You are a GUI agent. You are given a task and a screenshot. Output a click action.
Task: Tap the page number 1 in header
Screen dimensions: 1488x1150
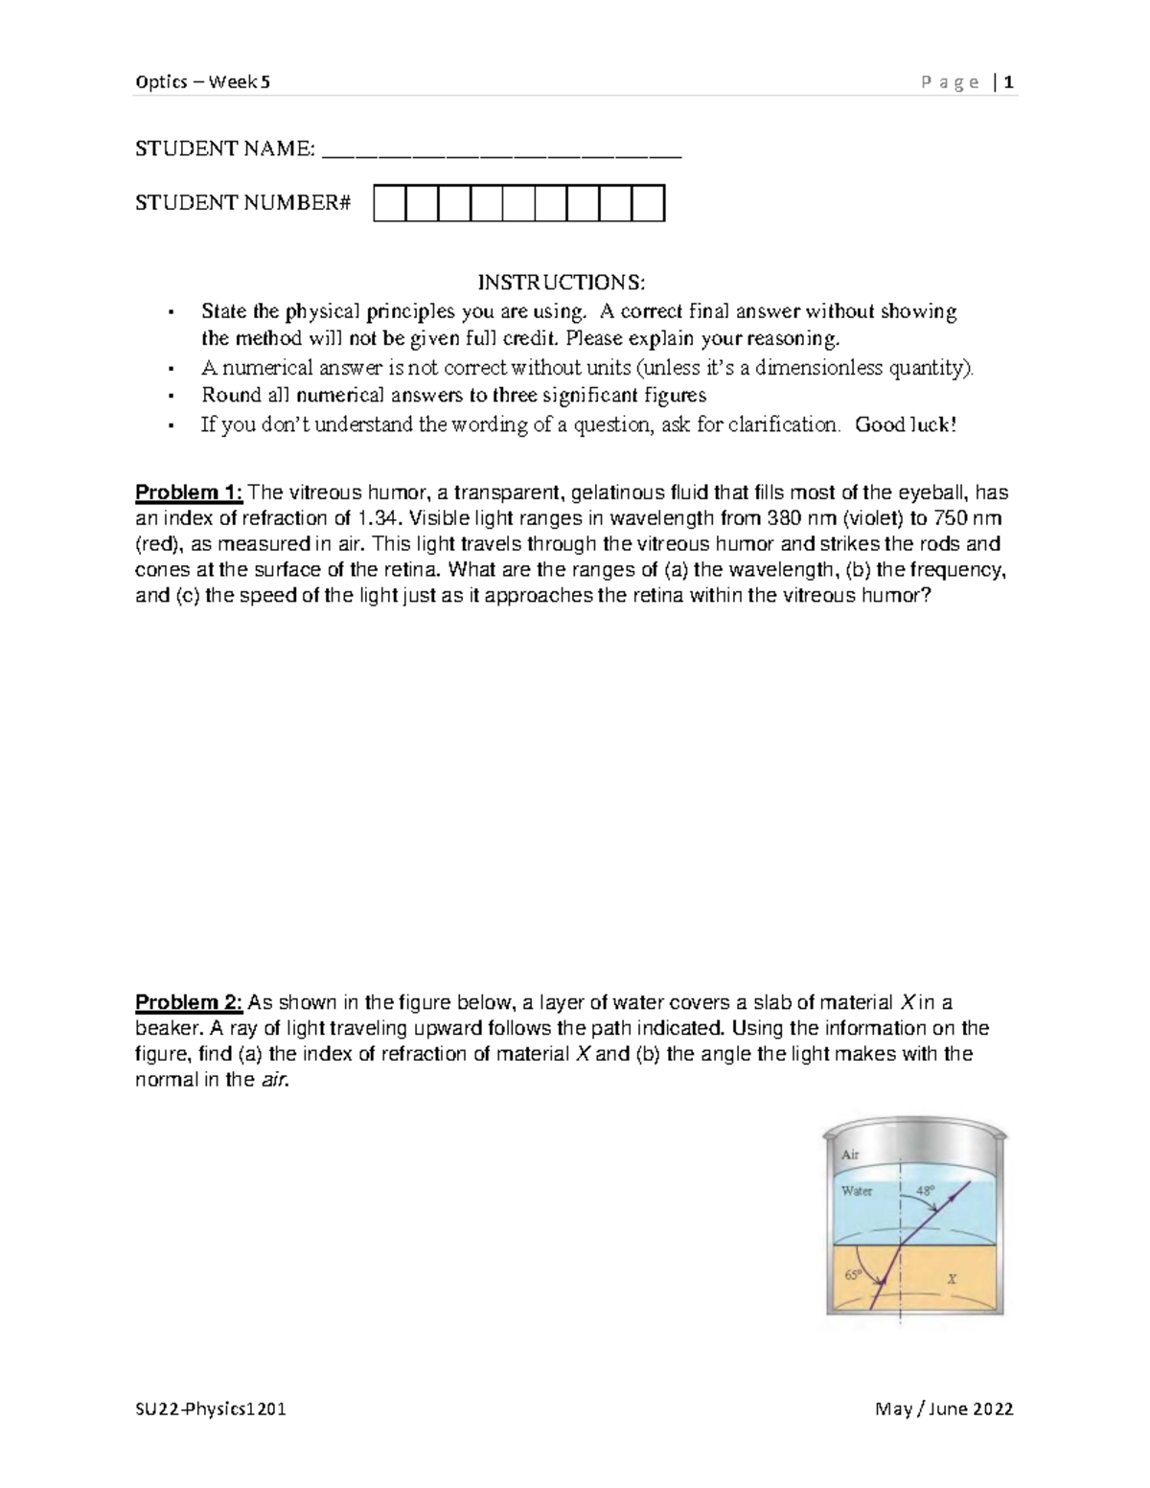tap(1009, 81)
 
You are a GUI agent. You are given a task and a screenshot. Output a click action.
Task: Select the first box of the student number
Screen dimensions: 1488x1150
tap(390, 204)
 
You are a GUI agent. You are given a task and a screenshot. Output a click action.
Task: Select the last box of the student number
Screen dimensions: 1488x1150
tap(649, 204)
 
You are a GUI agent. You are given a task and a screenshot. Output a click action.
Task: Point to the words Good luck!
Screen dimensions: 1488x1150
tap(905, 424)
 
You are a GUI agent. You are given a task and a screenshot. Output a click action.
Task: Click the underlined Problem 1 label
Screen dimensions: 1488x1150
tap(190, 492)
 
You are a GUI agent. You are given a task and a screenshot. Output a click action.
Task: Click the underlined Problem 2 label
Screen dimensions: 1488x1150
tap(190, 1002)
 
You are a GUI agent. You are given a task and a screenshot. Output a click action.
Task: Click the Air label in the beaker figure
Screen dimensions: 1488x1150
tap(850, 1155)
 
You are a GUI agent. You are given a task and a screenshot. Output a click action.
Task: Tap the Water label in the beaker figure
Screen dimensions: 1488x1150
tap(857, 1191)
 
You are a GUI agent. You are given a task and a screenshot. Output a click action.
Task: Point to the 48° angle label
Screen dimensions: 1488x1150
tap(925, 1191)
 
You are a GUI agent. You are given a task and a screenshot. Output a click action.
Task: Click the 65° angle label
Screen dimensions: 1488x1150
tap(852, 1275)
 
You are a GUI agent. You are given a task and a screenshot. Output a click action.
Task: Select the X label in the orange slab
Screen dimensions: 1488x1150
tap(951, 1278)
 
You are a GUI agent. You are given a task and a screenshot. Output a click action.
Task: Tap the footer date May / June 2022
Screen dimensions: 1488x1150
tap(944, 1409)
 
